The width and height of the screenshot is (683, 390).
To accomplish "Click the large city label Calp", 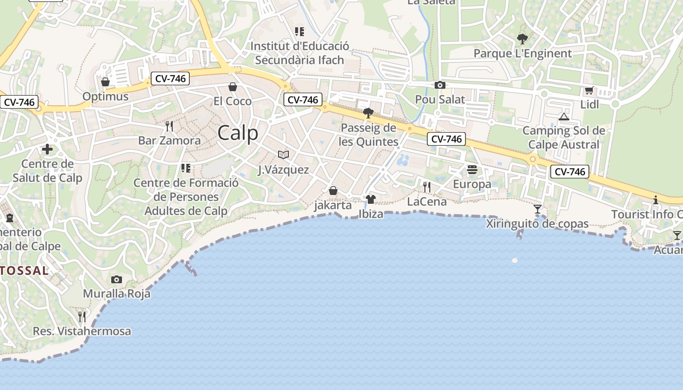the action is tap(238, 133).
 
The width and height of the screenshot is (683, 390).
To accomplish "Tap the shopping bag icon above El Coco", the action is tap(233, 87).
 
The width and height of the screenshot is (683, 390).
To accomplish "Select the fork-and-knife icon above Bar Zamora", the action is tap(169, 126).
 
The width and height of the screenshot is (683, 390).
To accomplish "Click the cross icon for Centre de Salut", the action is tap(47, 149).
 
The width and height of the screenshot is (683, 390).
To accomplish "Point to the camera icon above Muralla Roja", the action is tap(116, 279).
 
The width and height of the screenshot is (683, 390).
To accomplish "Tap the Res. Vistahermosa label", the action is tap(82, 331).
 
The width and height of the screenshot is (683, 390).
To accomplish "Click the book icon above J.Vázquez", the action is tap(283, 155).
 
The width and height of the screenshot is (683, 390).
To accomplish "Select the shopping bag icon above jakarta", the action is tap(333, 191).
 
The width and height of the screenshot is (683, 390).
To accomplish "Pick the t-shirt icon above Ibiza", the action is tap(371, 199).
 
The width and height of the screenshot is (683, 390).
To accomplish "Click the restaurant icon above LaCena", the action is tap(427, 187).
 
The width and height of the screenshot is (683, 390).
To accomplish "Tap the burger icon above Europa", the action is tap(472, 170).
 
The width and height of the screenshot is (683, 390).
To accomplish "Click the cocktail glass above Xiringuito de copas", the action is tap(538, 209).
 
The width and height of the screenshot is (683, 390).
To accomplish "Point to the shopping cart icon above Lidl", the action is tap(589, 90).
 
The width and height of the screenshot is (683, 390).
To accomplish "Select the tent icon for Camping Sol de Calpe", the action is tap(564, 117).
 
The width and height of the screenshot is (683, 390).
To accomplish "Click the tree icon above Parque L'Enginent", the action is tap(522, 39).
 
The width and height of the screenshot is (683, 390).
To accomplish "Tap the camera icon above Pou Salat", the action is tap(440, 85).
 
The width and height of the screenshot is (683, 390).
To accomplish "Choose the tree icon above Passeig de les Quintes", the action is tap(368, 114).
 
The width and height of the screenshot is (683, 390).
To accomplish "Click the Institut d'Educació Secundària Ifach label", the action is tap(300, 53).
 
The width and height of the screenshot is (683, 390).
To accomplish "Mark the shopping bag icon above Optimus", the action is tap(105, 82).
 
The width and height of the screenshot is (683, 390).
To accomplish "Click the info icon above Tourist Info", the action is tap(656, 200).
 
